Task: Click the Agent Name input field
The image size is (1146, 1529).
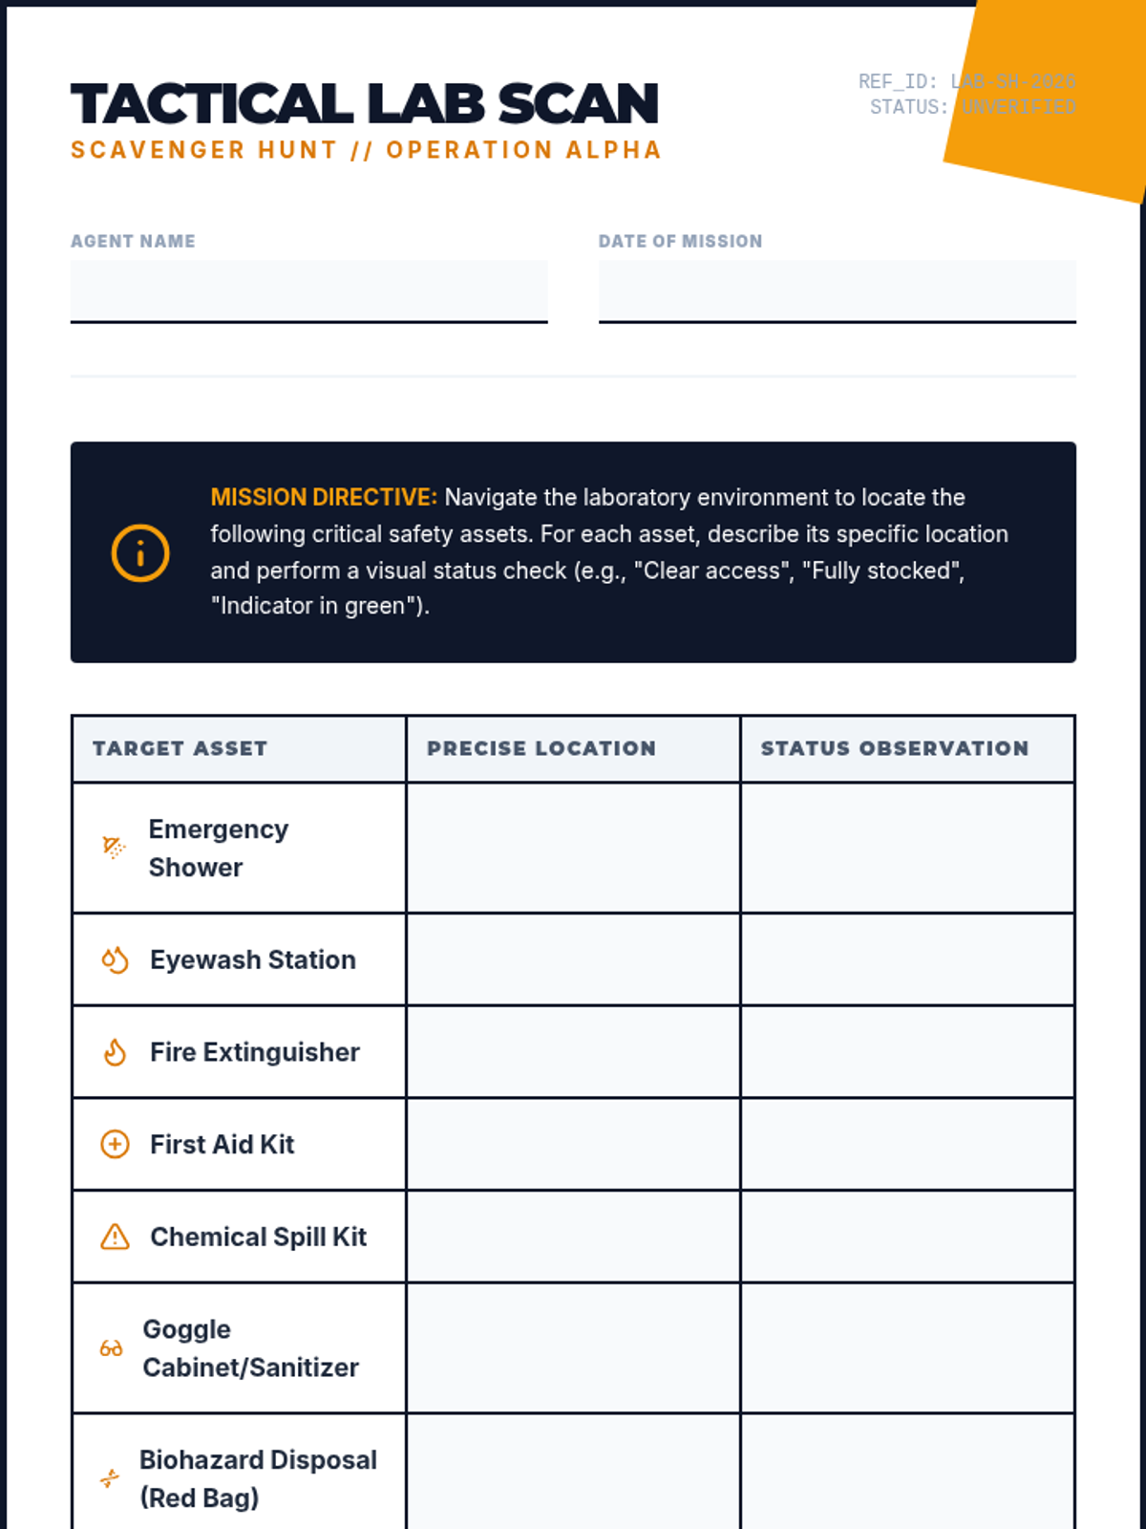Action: (x=308, y=291)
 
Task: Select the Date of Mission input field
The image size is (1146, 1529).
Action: (x=837, y=291)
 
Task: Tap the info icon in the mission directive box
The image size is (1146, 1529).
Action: (x=140, y=552)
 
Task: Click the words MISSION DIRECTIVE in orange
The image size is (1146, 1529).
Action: (x=324, y=497)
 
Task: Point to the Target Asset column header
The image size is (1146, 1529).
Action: (x=180, y=748)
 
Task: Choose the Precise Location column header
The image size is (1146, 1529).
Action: (x=541, y=748)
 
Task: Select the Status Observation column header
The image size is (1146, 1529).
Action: (x=895, y=748)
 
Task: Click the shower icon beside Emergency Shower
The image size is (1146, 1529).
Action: (x=114, y=848)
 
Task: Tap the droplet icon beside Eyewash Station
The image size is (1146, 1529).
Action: (x=115, y=959)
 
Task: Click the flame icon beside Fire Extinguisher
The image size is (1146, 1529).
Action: (x=115, y=1052)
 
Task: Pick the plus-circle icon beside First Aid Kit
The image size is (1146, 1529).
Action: (x=115, y=1144)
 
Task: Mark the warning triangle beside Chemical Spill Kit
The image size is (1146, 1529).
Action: (x=115, y=1237)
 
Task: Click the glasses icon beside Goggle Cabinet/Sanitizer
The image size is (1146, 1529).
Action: (x=111, y=1348)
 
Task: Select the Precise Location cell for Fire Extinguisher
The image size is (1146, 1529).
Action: (x=573, y=1052)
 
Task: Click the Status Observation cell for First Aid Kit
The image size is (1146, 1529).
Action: (x=907, y=1144)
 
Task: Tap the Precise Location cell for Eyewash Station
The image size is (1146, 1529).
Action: (x=573, y=959)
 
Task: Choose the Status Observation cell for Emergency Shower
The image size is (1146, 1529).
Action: (x=907, y=848)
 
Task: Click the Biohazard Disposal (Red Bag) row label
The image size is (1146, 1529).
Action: (x=258, y=1478)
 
